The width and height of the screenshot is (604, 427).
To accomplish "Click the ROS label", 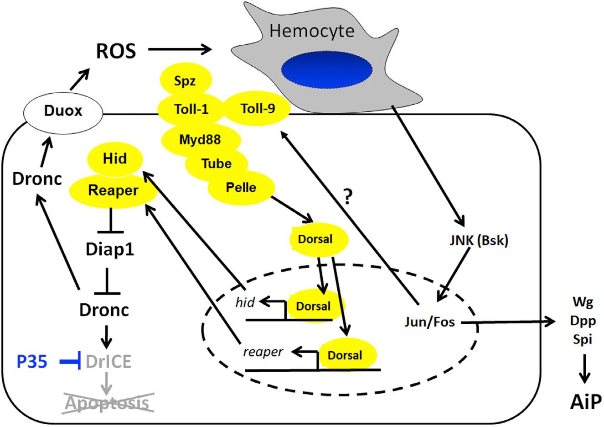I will point(116,51).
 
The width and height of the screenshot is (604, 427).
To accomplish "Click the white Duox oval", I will point(63,111).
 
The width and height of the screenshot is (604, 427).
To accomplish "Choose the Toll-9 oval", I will point(257,109).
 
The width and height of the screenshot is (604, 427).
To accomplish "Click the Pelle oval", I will point(241,187).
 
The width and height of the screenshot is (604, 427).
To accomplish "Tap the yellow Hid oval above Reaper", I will point(114,159).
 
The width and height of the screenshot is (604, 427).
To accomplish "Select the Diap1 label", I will point(110,249).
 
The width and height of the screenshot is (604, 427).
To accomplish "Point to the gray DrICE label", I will point(109,362).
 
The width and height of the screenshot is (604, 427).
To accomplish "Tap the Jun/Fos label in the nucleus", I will point(429,322).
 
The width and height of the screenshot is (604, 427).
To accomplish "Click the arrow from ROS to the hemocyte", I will point(181,49).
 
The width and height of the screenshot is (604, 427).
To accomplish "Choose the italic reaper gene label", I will point(263,352).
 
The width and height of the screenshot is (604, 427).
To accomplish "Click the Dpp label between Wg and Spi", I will point(583,321).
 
